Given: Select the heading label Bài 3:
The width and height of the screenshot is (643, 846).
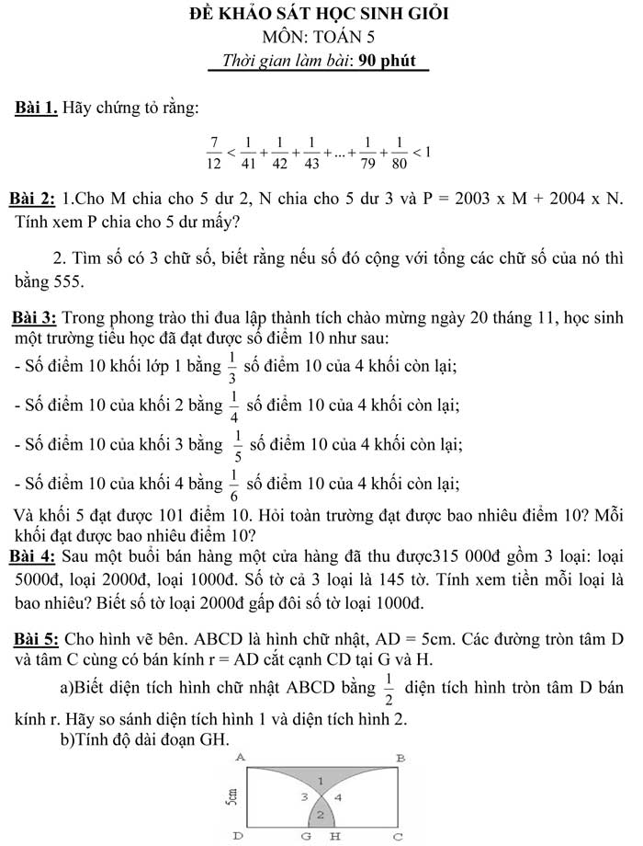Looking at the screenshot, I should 34,319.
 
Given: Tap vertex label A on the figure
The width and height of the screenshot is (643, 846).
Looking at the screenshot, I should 240,756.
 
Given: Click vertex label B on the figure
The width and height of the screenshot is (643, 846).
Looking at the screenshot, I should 400,757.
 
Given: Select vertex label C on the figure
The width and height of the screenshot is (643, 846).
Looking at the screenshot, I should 398,837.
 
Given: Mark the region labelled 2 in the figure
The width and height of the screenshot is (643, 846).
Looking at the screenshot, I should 320,815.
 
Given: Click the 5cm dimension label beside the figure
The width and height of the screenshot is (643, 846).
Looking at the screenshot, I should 234,795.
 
